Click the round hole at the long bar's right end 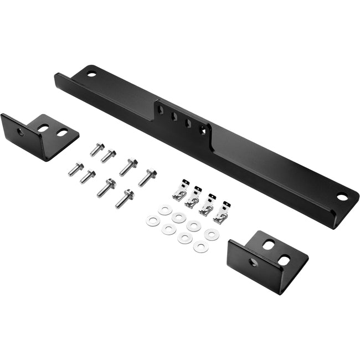(342, 196)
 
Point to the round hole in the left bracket (20, 132)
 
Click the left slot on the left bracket (43, 128)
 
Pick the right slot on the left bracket (61, 132)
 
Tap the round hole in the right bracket (253, 262)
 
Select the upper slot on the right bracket (268, 244)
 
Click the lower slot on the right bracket (283, 259)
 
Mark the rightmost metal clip (222, 214)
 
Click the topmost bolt (97, 148)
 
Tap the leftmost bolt (75, 168)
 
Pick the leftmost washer (152, 221)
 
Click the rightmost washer (211, 234)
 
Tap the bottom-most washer (200, 247)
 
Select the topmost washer (164, 209)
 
